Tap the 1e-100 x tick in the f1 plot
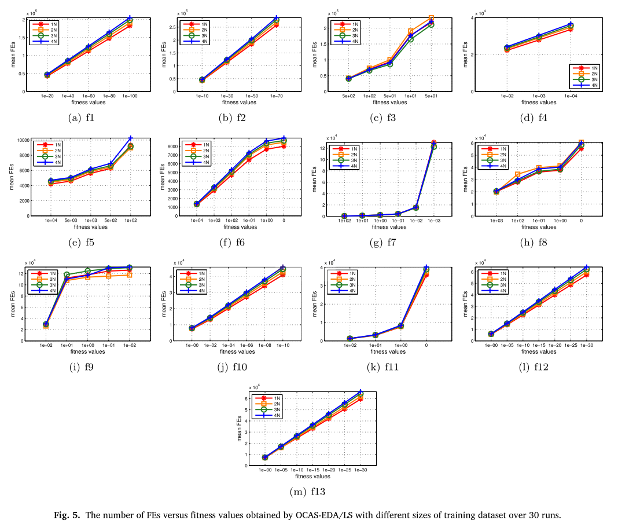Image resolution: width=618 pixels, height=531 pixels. click(x=130, y=96)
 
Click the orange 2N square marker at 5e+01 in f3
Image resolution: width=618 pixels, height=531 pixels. click(x=431, y=18)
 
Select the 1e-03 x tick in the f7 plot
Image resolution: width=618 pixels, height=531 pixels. click(x=434, y=221)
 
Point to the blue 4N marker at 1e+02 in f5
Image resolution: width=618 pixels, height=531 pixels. click(x=131, y=138)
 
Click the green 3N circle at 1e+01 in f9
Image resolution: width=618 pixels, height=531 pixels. click(x=67, y=274)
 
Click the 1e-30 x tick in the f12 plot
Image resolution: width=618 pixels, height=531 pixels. click(x=586, y=345)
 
